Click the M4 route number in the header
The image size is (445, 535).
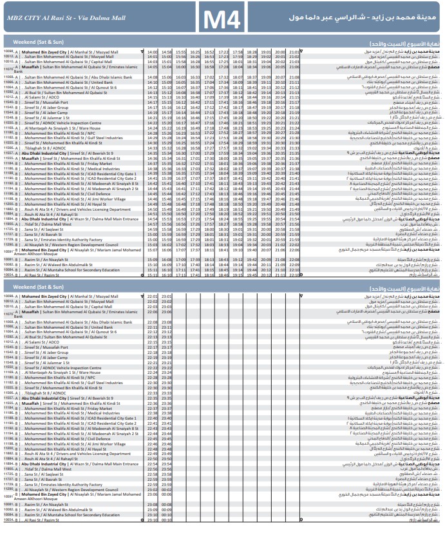tap(222, 19)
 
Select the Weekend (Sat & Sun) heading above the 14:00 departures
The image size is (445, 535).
tap(39, 43)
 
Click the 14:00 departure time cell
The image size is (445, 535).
tap(152, 52)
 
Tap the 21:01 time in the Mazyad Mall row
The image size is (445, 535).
tap(294, 52)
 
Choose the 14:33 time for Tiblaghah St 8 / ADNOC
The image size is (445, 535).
tap(152, 148)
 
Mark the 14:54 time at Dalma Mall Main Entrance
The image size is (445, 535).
tap(152, 219)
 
